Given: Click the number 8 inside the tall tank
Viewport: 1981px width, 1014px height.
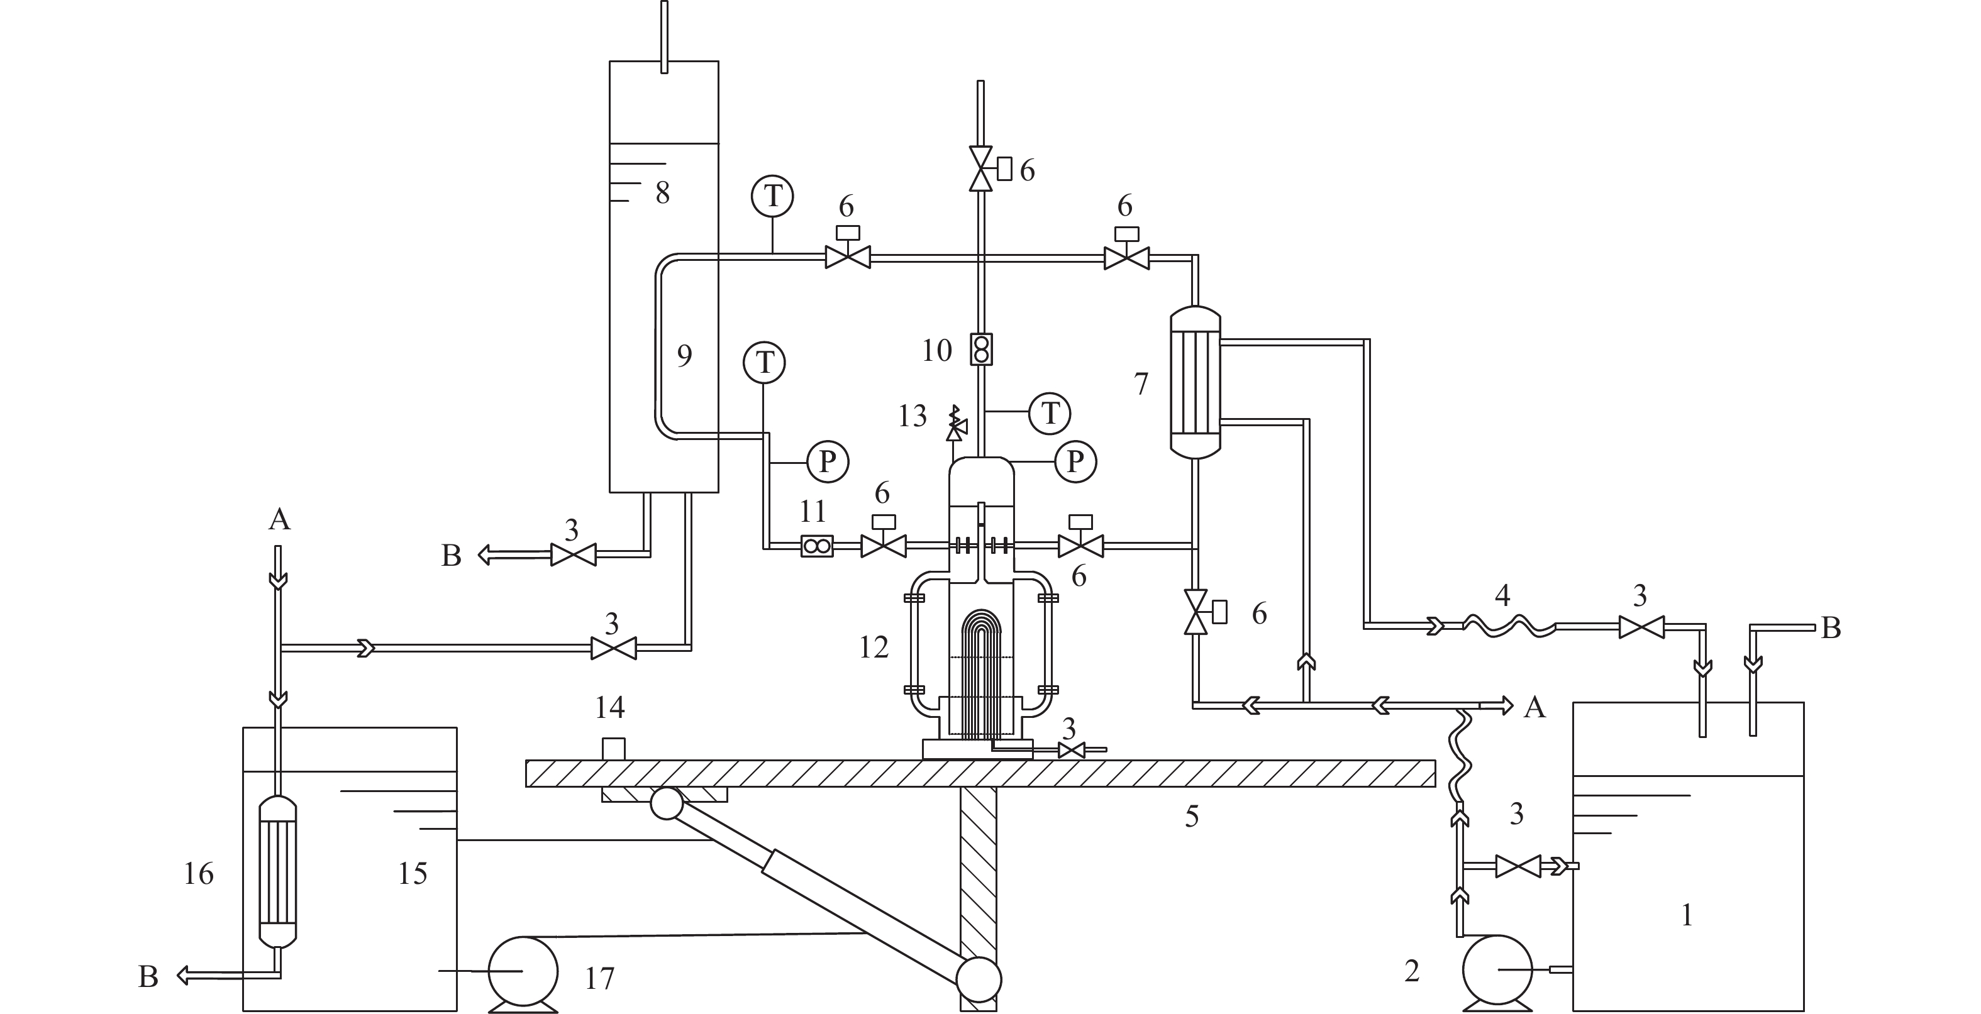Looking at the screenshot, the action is (662, 193).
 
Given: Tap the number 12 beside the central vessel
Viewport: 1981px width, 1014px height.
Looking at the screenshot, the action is (874, 648).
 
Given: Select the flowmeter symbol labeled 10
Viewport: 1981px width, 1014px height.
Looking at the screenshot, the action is (981, 349).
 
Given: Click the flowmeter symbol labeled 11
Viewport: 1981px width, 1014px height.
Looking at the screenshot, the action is (817, 546).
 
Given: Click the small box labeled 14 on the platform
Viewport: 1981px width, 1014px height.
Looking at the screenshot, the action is (613, 748).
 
